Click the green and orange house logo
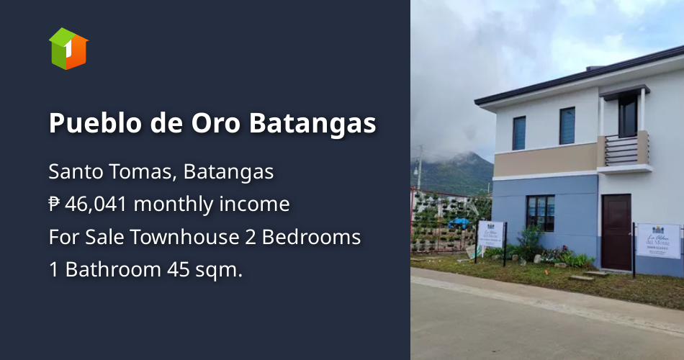tap(68, 49)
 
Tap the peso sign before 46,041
tap(55, 205)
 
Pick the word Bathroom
tap(110, 270)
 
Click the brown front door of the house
tap(616, 232)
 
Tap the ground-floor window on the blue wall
tap(540, 212)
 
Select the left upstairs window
tap(519, 132)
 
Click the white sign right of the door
tap(658, 240)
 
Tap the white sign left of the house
tap(490, 234)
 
